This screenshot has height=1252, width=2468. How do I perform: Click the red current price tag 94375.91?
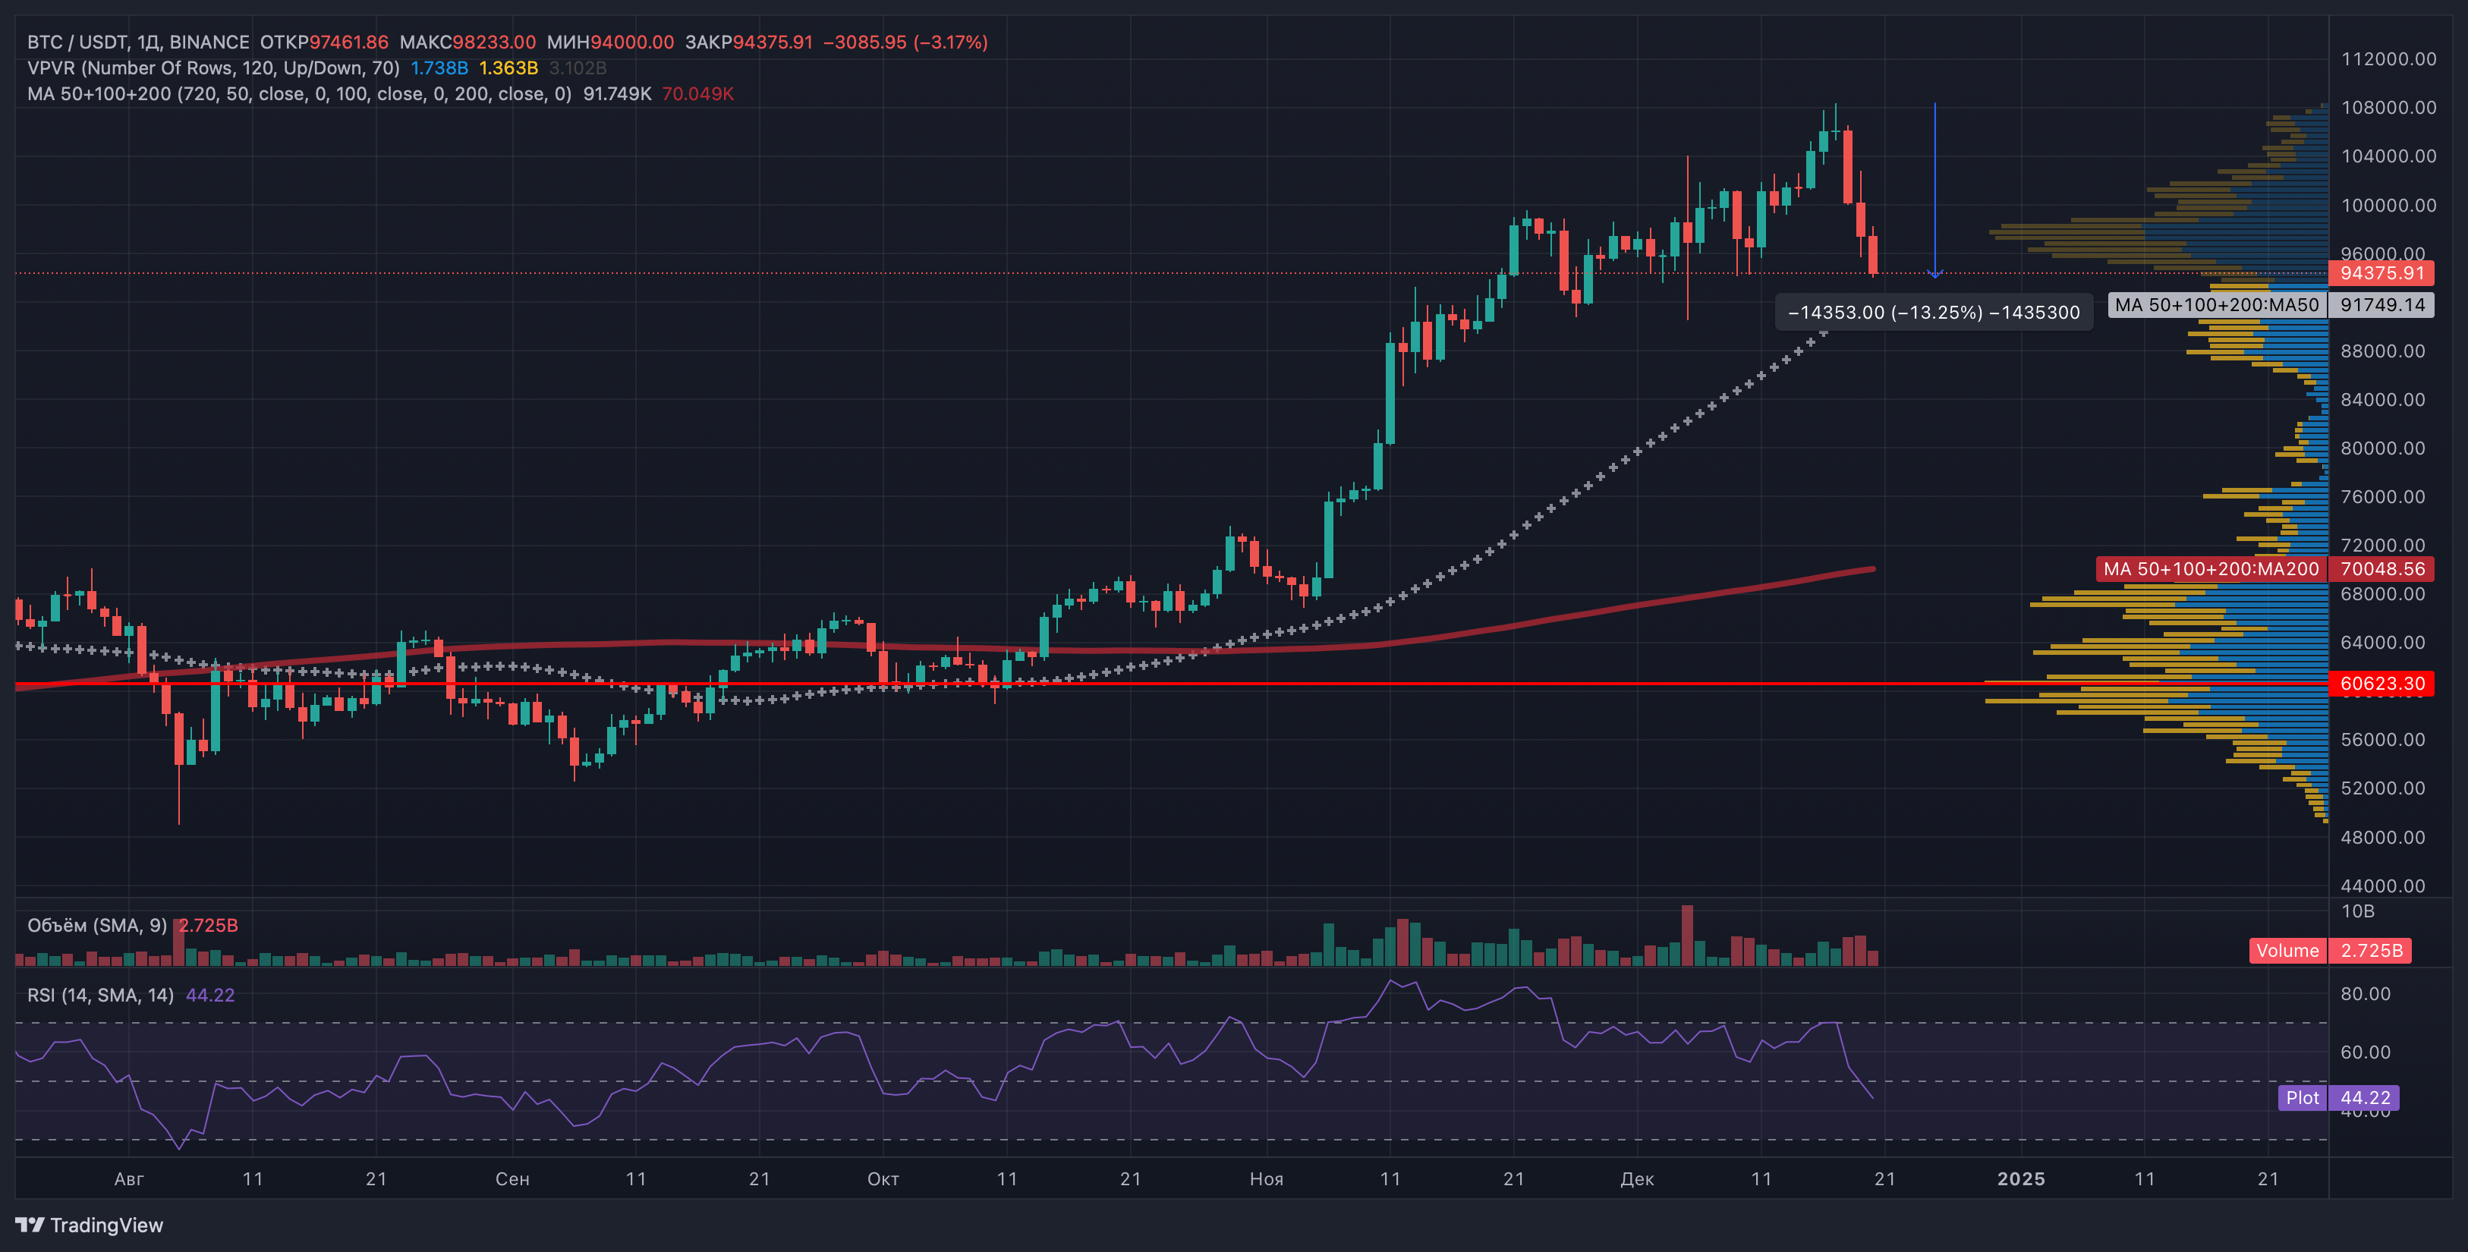[x=2381, y=273]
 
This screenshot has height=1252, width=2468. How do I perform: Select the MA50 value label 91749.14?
[x=2381, y=304]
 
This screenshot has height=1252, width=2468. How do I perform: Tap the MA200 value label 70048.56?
[x=2381, y=569]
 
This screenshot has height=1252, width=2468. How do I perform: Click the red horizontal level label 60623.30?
[x=2381, y=683]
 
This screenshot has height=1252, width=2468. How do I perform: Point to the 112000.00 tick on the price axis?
[x=2388, y=59]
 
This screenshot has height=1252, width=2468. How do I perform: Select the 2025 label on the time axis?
[x=2020, y=1179]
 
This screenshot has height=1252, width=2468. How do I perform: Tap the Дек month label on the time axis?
[x=1636, y=1179]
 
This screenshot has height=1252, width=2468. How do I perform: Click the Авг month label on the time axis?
[x=128, y=1179]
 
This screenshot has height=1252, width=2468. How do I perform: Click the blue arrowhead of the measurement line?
[x=1935, y=274]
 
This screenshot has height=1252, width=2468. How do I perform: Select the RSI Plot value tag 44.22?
[x=2366, y=1098]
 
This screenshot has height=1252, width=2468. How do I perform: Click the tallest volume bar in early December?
[x=1687, y=935]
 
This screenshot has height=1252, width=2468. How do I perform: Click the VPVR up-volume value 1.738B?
[x=439, y=68]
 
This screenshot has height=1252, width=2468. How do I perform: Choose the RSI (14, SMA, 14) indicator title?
[x=101, y=996]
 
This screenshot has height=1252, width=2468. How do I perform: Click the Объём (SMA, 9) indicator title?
[x=97, y=926]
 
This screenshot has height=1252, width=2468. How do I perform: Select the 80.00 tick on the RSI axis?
[x=2366, y=994]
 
